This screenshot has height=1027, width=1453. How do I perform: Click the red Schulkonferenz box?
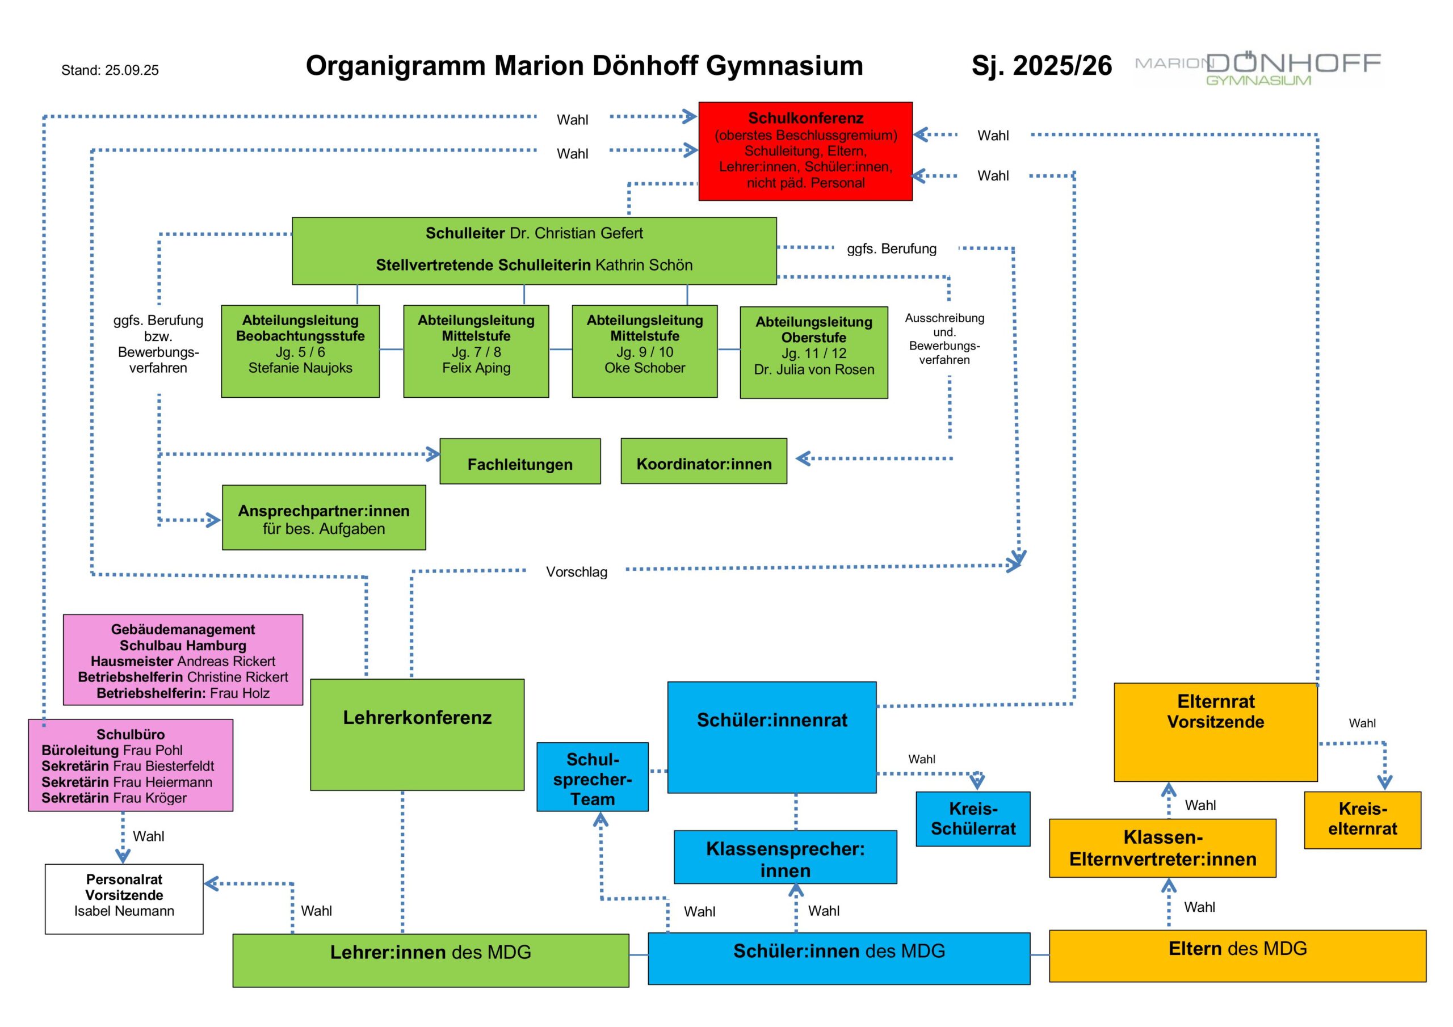pyautogui.click(x=805, y=151)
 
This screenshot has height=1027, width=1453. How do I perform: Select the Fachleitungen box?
pyautogui.click(x=519, y=461)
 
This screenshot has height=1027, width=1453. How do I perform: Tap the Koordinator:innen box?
pyautogui.click(x=704, y=461)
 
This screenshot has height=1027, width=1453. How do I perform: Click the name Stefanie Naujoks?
pyautogui.click(x=300, y=368)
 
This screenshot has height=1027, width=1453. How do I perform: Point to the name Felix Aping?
pyautogui.click(x=476, y=368)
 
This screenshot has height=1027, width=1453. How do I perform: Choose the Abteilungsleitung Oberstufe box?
pyautogui.click(x=813, y=352)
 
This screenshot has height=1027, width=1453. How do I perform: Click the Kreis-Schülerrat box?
pyautogui.click(x=973, y=819)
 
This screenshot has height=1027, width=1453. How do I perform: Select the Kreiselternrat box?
pyautogui.click(x=1362, y=819)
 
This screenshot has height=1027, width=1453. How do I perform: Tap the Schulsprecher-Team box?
pyautogui.click(x=593, y=777)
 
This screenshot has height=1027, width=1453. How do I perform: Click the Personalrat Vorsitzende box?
pyautogui.click(x=124, y=899)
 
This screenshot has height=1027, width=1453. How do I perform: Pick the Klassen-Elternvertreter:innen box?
pyautogui.click(x=1162, y=848)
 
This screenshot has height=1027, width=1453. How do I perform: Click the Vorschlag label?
pyautogui.click(x=577, y=572)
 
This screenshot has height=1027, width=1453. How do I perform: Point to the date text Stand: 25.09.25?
pyautogui.click(x=110, y=70)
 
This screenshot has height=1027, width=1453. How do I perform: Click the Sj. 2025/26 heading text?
pyautogui.click(x=1041, y=66)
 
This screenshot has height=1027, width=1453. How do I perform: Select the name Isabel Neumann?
pyautogui.click(x=124, y=911)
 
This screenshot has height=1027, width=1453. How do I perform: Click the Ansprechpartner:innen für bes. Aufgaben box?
pyautogui.click(x=324, y=517)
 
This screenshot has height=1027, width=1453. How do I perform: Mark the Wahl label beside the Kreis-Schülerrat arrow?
pyautogui.click(x=921, y=759)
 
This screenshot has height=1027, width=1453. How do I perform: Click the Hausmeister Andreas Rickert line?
pyautogui.click(x=183, y=661)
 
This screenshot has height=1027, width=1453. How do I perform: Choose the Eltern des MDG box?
pyautogui.click(x=1237, y=956)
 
